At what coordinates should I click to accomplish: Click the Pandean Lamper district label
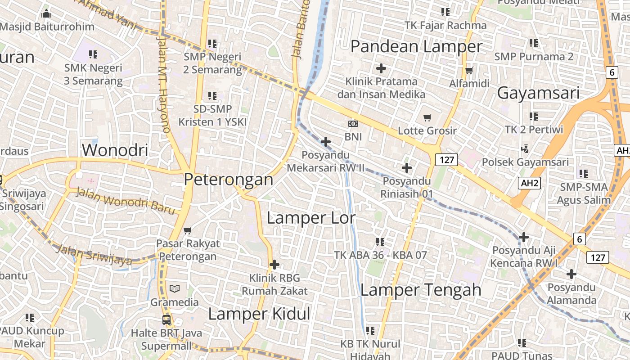click(416, 46)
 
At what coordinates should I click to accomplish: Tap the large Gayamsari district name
click(538, 93)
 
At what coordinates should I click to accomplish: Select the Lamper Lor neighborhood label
click(311, 218)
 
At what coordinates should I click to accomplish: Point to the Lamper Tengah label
click(421, 290)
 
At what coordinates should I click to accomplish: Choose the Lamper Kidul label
click(259, 314)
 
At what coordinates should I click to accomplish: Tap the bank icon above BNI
click(353, 123)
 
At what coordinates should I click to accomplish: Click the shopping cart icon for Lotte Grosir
click(427, 117)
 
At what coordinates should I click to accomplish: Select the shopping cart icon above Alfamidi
click(469, 70)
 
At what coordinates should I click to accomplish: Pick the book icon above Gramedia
click(174, 288)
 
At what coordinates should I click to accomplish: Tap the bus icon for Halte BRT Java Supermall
click(166, 320)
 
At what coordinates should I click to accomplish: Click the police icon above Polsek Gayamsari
click(525, 148)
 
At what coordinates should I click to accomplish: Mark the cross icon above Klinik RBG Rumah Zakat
click(274, 265)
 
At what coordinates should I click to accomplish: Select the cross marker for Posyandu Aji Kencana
click(523, 237)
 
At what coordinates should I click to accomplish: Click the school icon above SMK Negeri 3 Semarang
click(93, 55)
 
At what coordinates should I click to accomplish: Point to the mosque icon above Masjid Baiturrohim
click(46, 13)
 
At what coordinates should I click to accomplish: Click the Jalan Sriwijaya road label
click(95, 255)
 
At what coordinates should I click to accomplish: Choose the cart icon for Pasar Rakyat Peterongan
click(188, 230)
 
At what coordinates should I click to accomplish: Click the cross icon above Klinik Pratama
click(381, 68)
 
